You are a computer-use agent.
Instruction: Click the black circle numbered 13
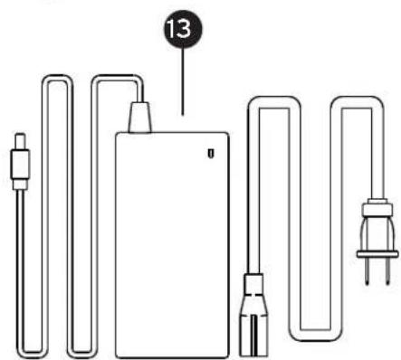pos(183,29)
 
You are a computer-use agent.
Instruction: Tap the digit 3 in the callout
pos(185,29)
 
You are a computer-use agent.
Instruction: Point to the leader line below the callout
pos(183,81)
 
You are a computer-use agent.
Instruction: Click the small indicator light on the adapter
pos(211,153)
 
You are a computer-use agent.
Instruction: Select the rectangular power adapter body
pos(172,245)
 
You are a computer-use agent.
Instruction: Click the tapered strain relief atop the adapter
pos(139,118)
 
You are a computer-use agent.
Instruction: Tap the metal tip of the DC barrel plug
pos(21,140)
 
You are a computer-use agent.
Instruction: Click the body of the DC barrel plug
pos(20,165)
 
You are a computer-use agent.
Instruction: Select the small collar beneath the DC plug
pos(20,185)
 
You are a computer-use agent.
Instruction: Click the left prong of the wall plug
pos(367,270)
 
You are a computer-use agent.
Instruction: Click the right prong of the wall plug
pos(387,270)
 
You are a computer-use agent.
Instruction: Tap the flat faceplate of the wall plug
pos(377,254)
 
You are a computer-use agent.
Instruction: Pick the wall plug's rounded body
pos(377,234)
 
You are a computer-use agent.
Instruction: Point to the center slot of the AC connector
pos(253,336)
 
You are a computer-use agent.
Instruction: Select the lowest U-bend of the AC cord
pos(315,335)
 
